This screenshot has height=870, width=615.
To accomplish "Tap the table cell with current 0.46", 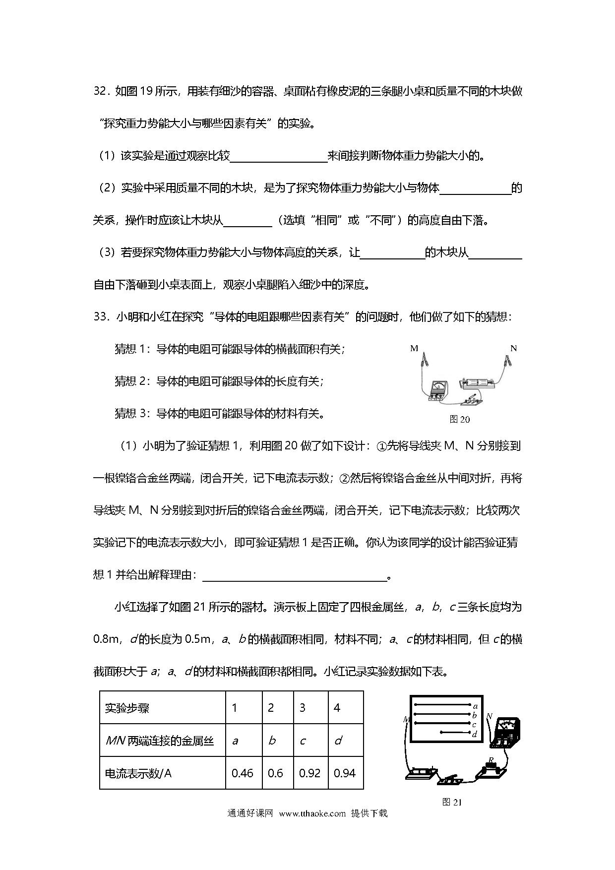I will pos(243,773).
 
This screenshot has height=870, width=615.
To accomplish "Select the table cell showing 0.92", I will pos(310,773).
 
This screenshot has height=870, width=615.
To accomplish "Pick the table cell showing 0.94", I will pos(345,773).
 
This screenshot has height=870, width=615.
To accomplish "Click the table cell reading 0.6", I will pos(275,773).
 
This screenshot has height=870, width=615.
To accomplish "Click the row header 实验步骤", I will pos(127,708).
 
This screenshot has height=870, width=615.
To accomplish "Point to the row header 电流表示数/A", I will pos(138,773).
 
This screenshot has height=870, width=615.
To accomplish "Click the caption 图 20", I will pos(459,419).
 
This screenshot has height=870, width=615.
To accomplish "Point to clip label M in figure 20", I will pos(414,348).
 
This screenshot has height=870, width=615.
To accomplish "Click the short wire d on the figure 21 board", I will pos(455,732).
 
